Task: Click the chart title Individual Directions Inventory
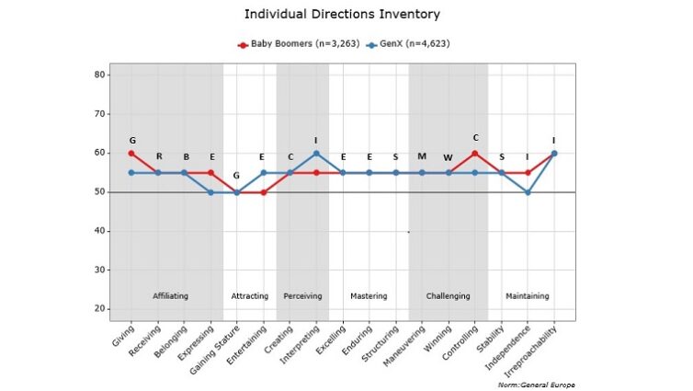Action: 342,15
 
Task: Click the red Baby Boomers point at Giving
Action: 131,153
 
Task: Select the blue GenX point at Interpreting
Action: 316,153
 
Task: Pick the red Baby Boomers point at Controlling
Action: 475,153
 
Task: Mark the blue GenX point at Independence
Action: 528,192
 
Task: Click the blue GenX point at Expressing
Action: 211,192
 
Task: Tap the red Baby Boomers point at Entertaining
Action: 263,192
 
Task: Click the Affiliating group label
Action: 170,296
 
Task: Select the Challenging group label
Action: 448,296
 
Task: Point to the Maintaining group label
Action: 528,296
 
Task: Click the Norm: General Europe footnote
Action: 541,384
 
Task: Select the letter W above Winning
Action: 449,158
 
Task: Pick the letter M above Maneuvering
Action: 422,156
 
